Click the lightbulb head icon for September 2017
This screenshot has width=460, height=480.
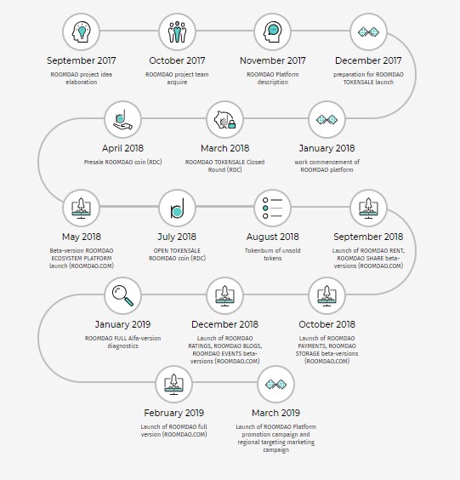point(82,31)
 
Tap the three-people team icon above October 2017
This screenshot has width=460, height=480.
point(177,31)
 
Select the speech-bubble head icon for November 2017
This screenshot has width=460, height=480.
point(272,31)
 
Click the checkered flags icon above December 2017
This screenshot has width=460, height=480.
point(368,31)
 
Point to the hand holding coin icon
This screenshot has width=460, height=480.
point(122,120)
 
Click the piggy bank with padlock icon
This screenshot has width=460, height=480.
point(224,120)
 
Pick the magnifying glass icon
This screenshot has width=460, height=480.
point(122,295)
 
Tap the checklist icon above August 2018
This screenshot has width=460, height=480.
point(272,208)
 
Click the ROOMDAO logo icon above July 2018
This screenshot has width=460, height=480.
point(177,209)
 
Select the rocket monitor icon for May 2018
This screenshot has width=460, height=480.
point(81,209)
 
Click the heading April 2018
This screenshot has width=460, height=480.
point(122,148)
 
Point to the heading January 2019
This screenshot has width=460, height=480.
point(122,324)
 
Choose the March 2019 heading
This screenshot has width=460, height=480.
point(275,413)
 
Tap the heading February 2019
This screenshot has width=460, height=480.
point(173,413)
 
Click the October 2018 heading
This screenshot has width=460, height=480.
point(327,324)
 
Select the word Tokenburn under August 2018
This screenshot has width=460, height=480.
point(258,250)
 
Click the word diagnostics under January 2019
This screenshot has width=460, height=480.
point(122,346)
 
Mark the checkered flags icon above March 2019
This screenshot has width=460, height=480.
point(275,384)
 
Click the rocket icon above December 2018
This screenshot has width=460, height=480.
point(224,295)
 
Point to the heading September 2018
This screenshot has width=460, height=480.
point(368,237)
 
